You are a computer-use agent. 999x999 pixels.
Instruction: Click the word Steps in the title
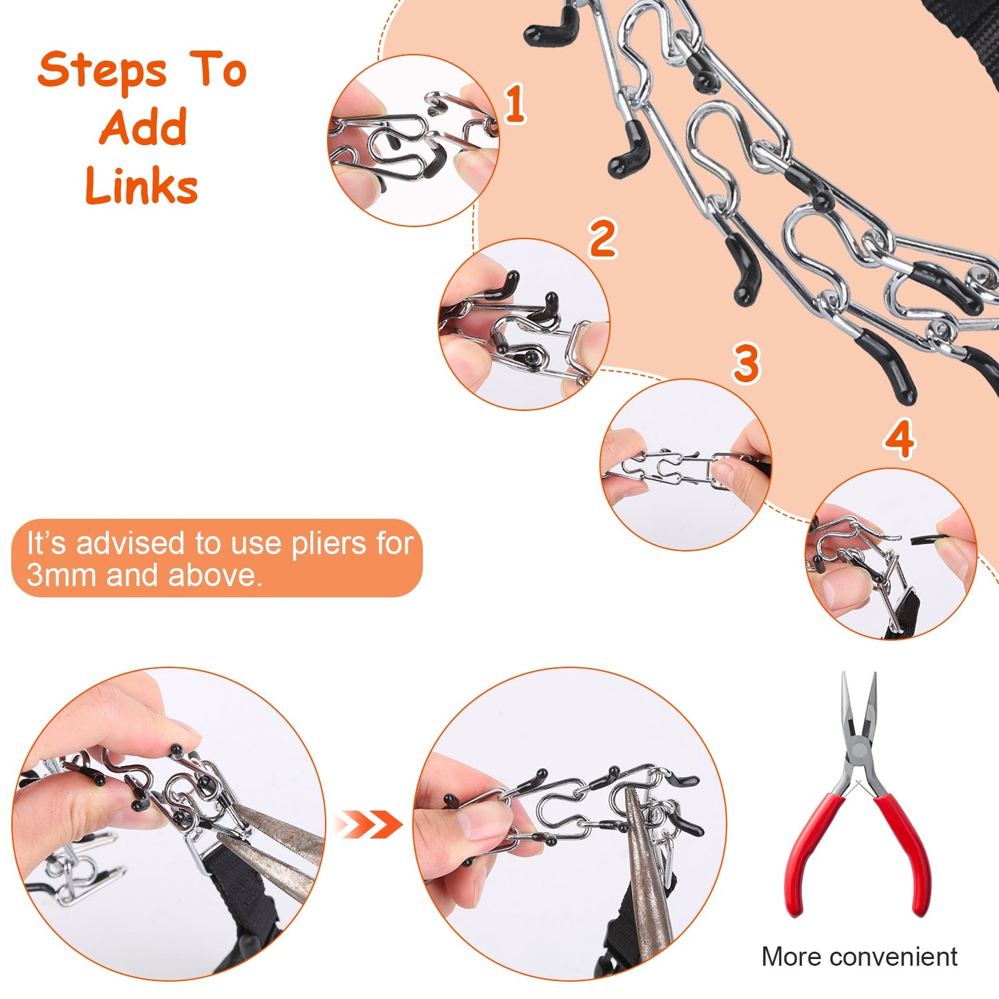(x=102, y=71)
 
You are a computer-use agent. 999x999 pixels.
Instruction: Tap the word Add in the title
(x=143, y=128)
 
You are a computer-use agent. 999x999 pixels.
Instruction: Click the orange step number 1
(x=514, y=104)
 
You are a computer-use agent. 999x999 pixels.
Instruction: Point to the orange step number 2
(x=602, y=239)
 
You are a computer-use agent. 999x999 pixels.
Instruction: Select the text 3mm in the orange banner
(x=62, y=575)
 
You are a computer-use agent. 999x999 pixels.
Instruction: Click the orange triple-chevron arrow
(x=368, y=825)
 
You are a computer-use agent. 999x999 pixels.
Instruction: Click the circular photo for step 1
(x=413, y=140)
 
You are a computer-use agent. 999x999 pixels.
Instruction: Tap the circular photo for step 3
(x=685, y=465)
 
